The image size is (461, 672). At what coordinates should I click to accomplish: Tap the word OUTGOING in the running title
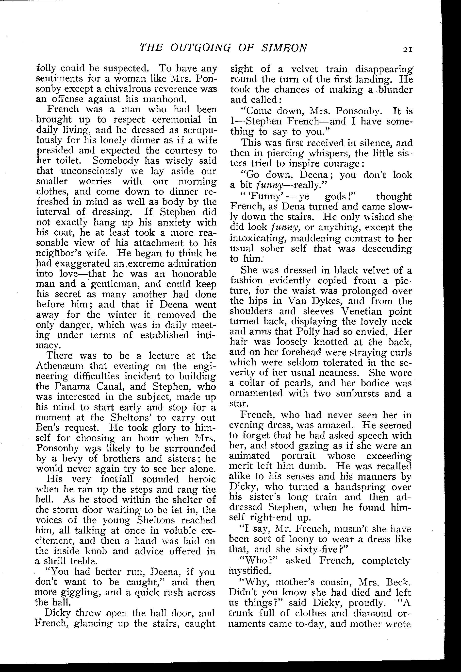201,48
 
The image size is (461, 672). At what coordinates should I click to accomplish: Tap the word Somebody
116,160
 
